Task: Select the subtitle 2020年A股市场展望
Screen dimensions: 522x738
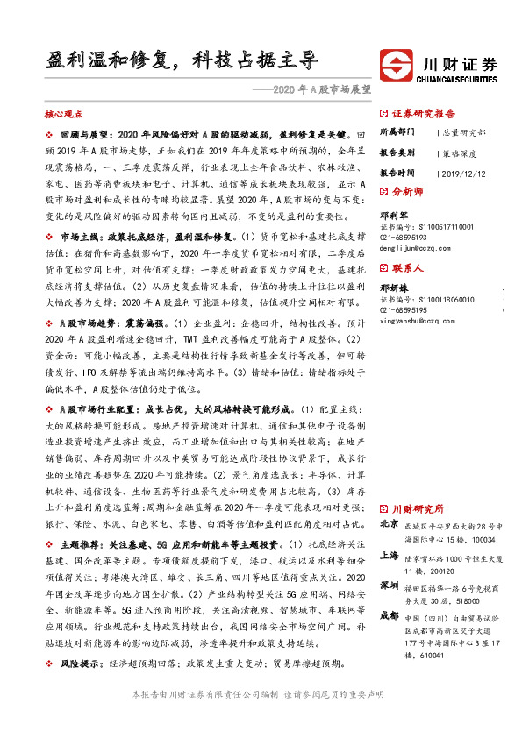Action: click(x=317, y=89)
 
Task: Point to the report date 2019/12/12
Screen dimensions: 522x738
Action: click(x=462, y=173)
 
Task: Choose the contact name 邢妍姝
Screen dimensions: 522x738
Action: click(x=392, y=287)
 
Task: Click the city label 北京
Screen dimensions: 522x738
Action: click(x=390, y=523)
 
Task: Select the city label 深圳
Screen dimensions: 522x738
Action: click(x=390, y=585)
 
